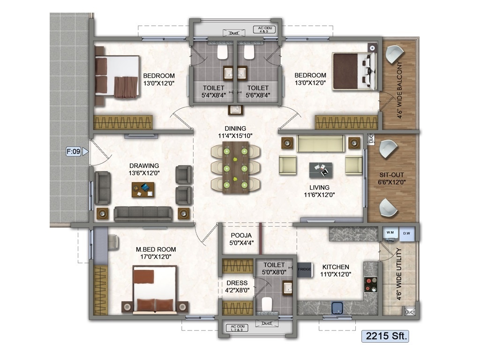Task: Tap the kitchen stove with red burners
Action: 370,284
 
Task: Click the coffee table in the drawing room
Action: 143,189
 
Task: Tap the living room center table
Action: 321,170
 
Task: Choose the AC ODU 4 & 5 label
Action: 264,30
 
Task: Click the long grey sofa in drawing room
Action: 143,214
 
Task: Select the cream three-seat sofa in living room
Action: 321,143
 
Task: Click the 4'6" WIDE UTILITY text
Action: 399,274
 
